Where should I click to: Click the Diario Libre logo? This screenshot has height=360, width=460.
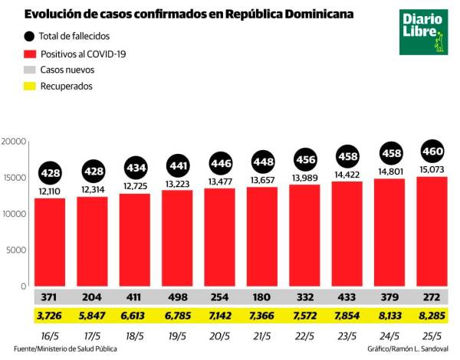tap(422, 32)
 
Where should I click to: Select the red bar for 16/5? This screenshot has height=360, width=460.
tap(60, 241)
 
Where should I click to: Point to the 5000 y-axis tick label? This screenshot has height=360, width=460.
tap(17, 250)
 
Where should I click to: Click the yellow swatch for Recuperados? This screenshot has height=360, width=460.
tap(30, 86)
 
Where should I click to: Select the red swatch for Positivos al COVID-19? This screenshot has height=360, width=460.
tap(30, 54)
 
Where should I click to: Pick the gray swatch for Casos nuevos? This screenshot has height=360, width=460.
tap(30, 70)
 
